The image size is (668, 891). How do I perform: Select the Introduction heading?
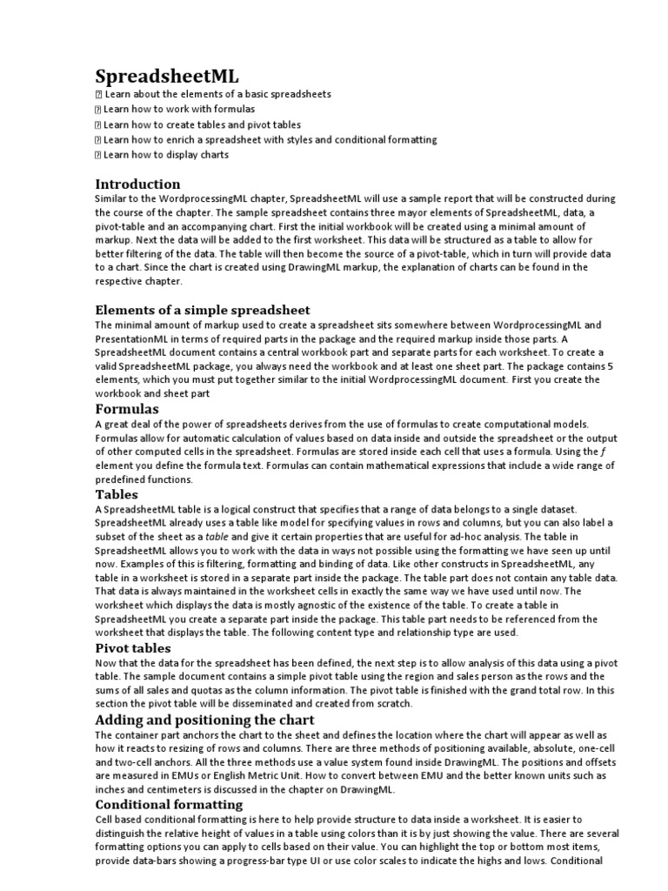point(137,184)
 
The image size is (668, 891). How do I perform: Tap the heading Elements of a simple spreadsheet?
point(202,310)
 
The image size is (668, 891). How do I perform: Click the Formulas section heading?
point(127,408)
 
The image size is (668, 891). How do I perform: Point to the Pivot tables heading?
point(132,648)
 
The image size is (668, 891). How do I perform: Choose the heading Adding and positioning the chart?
point(204,720)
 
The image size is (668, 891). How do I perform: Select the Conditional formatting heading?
point(169,804)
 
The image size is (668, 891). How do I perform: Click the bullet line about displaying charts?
point(165,155)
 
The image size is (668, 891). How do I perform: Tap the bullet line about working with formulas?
point(178,109)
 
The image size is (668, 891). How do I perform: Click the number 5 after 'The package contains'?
point(610,366)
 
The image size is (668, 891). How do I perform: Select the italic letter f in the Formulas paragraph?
point(604,452)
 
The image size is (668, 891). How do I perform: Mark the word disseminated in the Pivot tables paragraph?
point(261,703)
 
